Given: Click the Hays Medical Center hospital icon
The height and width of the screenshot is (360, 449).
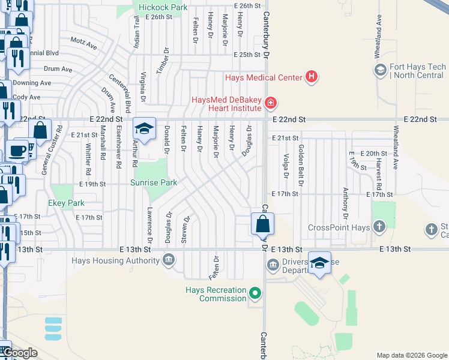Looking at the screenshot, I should click(x=311, y=77).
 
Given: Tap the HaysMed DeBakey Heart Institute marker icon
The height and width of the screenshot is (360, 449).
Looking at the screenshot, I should click(x=271, y=104).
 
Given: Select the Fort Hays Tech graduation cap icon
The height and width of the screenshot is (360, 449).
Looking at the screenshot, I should click(x=379, y=71).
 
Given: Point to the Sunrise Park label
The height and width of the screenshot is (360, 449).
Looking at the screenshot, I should click(x=154, y=182).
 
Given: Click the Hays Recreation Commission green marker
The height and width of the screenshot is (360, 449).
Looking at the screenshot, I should click(x=256, y=293).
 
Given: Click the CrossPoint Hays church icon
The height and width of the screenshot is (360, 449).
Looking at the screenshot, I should click(x=379, y=227).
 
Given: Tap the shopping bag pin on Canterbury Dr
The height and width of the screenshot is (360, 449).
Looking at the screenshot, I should click(x=262, y=225).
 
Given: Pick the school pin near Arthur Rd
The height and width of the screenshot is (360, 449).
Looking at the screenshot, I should click(x=144, y=129).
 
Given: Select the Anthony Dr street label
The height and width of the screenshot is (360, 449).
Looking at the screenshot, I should click(x=345, y=203).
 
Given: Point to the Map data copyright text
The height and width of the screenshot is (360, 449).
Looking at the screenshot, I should click(x=412, y=355).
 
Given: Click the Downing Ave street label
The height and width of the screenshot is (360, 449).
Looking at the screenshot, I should click(x=32, y=83).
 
